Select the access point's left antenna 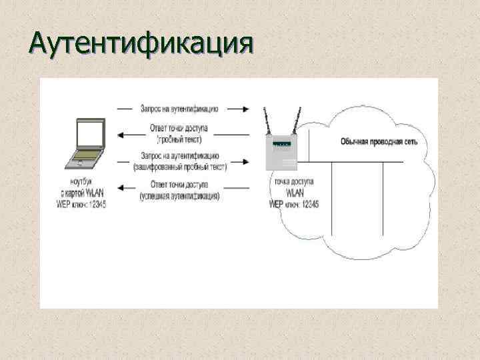(266, 122)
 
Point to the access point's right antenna (294, 122)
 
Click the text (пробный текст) (179, 140)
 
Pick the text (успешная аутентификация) (180, 196)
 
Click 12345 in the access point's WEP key (307, 203)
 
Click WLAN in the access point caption (294, 192)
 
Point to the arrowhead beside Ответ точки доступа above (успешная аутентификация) (121, 191)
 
